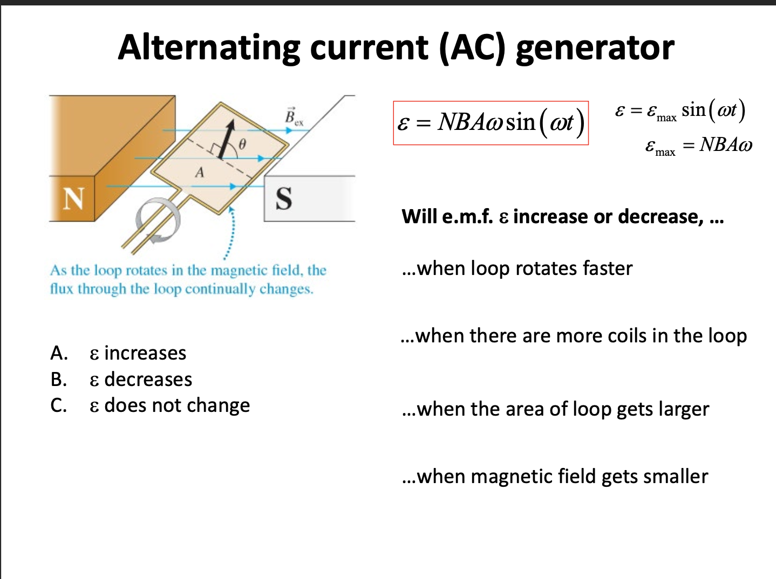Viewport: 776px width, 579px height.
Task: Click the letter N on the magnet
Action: [73, 198]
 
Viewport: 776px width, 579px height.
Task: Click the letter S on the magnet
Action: [284, 198]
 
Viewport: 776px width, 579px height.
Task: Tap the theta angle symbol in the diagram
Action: [242, 144]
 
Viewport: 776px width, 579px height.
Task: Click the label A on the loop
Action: [200, 173]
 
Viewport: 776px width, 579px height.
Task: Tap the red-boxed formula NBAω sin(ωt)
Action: [491, 123]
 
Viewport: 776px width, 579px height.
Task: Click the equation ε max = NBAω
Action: [698, 145]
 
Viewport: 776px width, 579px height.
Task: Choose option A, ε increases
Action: [138, 353]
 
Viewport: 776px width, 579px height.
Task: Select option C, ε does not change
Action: [169, 405]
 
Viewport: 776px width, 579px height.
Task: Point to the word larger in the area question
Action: [684, 410]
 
